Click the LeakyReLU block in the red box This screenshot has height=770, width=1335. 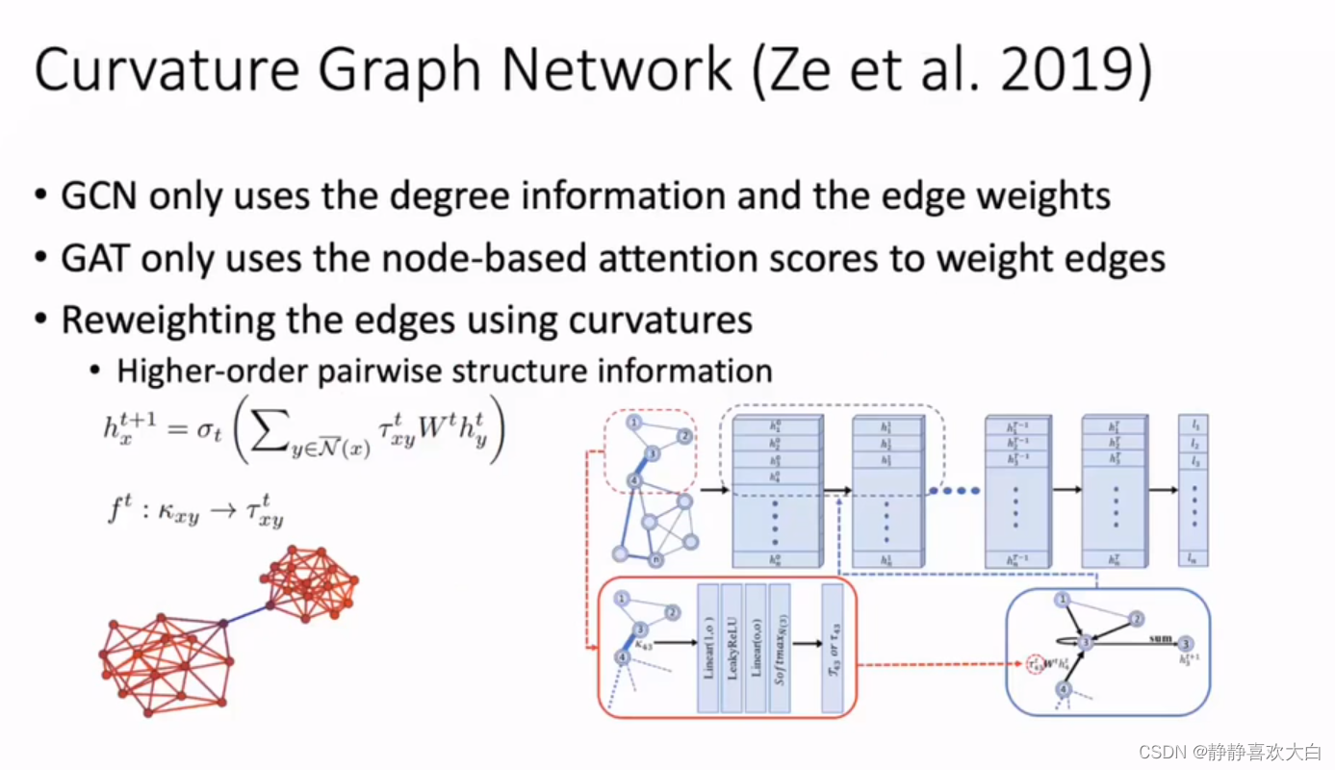click(x=732, y=647)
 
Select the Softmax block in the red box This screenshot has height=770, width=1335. click(x=780, y=647)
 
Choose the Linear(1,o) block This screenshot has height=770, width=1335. click(x=707, y=647)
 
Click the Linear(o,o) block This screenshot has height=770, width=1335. click(x=756, y=647)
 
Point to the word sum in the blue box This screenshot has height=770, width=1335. click(x=1160, y=637)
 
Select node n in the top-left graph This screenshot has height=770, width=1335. click(x=656, y=558)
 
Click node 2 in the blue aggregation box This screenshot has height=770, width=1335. click(x=1137, y=619)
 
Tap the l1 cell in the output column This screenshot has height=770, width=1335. click(x=1194, y=424)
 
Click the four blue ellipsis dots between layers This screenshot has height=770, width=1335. click(x=955, y=491)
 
